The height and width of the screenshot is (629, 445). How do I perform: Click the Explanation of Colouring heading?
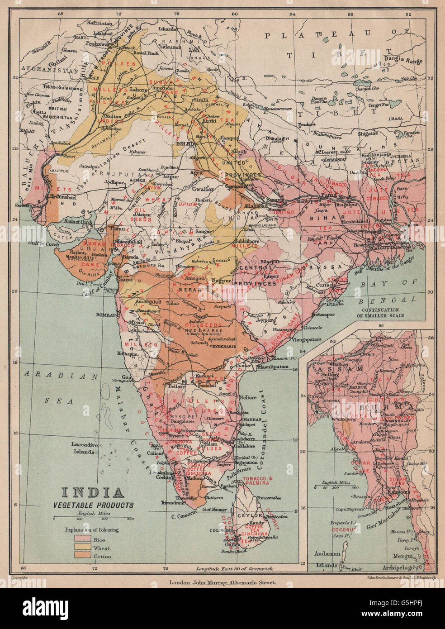92,529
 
